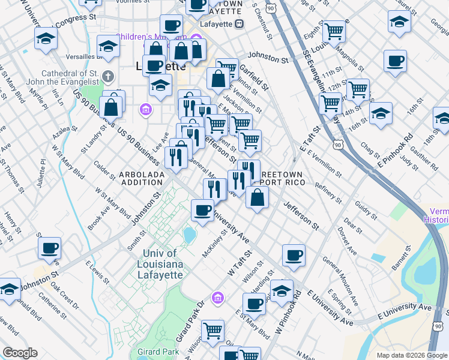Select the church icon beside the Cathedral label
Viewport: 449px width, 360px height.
tap(108, 76)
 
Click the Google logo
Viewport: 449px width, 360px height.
tap(20, 353)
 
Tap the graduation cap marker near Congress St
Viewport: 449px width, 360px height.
tap(45, 40)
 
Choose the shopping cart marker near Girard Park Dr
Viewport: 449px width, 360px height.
tap(212, 330)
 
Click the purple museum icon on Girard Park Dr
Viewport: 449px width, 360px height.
tap(218, 297)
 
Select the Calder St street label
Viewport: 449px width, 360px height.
tap(104, 170)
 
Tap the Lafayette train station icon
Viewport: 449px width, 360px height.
tap(239, 23)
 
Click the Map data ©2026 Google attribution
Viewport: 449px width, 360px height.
tap(411, 355)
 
